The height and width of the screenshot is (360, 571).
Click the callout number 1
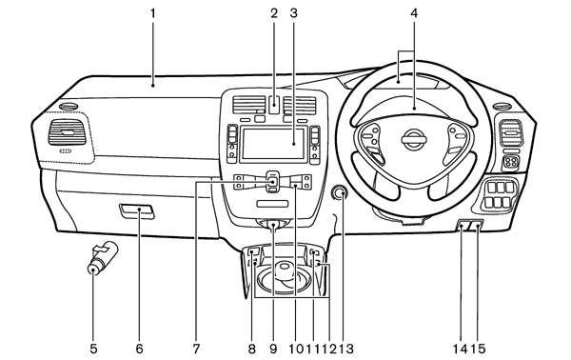pos(153,14)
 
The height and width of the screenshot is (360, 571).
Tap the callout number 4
pos(414,13)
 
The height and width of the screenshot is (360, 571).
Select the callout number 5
pos(93,350)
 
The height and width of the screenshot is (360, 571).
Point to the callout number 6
pos(140,350)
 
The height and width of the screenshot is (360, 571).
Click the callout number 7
pos(196,350)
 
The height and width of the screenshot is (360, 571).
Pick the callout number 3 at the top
pos(293,13)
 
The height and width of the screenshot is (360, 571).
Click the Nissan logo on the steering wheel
pos(414,139)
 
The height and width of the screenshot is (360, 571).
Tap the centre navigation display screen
pos(273,144)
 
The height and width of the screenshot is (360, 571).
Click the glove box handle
pos(136,211)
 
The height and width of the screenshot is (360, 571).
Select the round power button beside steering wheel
pos(340,193)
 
